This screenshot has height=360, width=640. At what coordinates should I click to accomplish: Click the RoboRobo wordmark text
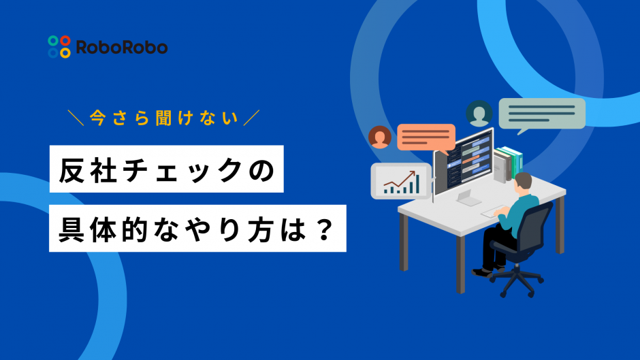coord(122,48)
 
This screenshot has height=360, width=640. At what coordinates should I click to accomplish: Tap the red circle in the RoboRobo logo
coord(65,41)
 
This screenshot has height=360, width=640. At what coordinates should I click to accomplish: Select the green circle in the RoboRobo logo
coord(53,41)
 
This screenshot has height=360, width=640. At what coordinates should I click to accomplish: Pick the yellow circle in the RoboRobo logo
coord(65,52)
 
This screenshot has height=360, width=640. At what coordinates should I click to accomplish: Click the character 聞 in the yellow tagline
coord(163,118)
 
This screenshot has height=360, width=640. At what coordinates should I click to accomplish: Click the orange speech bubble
coord(426,137)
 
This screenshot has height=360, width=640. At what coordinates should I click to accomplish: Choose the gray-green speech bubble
coord(542,114)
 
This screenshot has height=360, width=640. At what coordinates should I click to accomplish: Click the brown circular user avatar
coord(380,137)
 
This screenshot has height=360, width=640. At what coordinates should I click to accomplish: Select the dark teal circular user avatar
coord(479,114)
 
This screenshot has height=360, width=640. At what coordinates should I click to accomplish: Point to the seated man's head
coord(522,184)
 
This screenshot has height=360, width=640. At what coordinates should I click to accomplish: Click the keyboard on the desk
coord(495,212)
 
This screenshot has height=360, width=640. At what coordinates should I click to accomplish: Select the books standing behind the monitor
coord(508,164)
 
